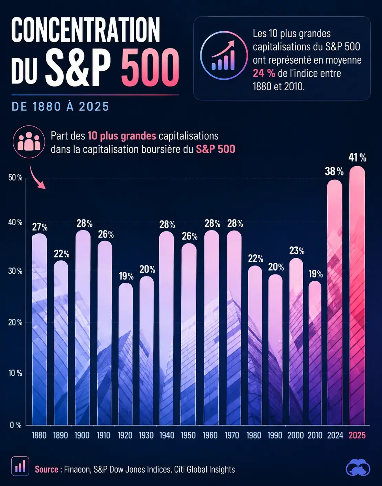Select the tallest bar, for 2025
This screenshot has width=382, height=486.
pyautogui.click(x=357, y=295)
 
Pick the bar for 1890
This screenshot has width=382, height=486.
pyautogui.click(x=61, y=343)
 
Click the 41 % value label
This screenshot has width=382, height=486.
pyautogui.click(x=357, y=158)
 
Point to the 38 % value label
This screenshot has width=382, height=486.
pyautogui.click(x=334, y=171)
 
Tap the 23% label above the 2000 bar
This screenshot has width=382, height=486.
pyautogui.click(x=297, y=251)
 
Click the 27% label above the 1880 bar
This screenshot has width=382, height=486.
pyautogui.click(x=40, y=227)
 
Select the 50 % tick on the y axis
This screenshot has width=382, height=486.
pyautogui.click(x=15, y=178)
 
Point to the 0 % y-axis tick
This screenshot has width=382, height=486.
pyautogui.click(x=16, y=425)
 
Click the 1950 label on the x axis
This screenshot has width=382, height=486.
pyautogui.click(x=188, y=435)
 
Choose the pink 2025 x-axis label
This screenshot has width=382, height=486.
pyautogui.click(x=357, y=435)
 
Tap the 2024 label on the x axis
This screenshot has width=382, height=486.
pyautogui.click(x=335, y=435)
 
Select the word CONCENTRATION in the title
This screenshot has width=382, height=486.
pyautogui.click(x=86, y=30)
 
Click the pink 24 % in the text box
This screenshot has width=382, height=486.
pyautogui.click(x=264, y=74)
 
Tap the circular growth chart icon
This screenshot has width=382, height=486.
pyautogui.click(x=224, y=55)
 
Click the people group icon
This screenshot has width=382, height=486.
pyautogui.click(x=29, y=142)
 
